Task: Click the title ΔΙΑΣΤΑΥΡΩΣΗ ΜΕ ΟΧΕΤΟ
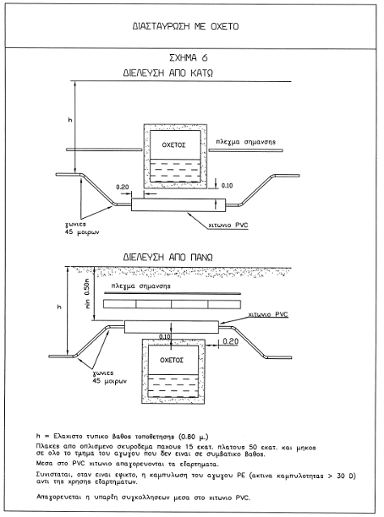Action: click(185, 26)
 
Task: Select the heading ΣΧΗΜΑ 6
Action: click(189, 57)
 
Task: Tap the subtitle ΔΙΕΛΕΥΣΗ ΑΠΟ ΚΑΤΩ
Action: click(168, 73)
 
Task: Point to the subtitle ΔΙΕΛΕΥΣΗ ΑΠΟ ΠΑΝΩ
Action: click(167, 257)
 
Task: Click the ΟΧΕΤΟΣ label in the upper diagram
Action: click(173, 145)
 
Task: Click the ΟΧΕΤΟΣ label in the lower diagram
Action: click(172, 360)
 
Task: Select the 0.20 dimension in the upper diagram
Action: click(123, 187)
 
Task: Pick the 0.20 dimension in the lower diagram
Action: click(230, 341)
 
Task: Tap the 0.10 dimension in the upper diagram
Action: click(227, 186)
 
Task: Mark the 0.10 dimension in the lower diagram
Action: click(165, 337)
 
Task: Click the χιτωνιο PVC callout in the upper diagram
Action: click(228, 226)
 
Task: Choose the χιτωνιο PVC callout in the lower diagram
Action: click(268, 314)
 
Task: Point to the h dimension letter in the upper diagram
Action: click(70, 120)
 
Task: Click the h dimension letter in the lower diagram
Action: click(59, 307)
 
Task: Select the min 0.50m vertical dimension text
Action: click(87, 293)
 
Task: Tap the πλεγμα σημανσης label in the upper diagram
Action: click(246, 142)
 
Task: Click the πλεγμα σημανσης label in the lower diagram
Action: click(141, 286)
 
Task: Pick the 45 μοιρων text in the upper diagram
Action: click(82, 232)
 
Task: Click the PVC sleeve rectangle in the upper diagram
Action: click(178, 204)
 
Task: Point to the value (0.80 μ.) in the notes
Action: click(194, 437)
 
